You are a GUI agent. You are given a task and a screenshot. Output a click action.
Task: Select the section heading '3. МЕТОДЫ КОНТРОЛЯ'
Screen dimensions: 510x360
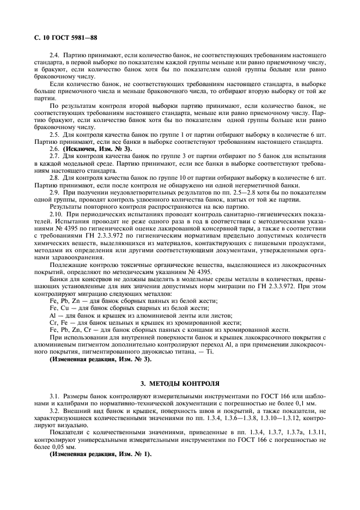180,382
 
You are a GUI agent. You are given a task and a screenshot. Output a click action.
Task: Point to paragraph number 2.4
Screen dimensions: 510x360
54,56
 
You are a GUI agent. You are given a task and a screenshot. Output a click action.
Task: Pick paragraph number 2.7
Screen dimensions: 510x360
54,156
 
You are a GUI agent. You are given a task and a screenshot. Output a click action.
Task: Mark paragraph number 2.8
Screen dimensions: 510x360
54,178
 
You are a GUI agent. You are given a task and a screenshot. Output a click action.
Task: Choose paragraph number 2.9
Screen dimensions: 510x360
54,192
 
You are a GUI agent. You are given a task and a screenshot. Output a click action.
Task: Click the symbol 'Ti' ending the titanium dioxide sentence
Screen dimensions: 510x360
210,351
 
